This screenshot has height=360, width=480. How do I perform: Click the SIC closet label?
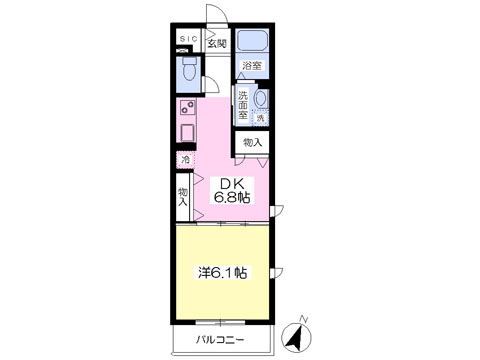188,39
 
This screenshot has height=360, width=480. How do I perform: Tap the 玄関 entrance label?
218,43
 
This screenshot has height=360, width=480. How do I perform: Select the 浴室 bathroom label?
252,65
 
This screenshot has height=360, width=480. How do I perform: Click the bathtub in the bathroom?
252,41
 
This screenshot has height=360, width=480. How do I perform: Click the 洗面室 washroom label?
243,105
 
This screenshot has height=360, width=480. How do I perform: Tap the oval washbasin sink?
261,98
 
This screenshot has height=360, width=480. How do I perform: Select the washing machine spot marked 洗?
260,118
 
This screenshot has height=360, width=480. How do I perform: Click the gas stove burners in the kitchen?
187,108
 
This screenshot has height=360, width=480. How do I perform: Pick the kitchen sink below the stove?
187,132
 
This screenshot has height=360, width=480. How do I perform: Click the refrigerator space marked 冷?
185,160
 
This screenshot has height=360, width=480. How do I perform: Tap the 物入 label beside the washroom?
252,143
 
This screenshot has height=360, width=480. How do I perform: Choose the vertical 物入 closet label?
183,197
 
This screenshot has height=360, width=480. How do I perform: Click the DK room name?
231,184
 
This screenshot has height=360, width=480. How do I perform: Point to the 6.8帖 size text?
232,198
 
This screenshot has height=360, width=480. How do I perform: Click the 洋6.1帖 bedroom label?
222,273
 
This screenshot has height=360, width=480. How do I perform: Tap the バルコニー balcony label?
220,340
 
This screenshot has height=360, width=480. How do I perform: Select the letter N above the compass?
303,319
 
